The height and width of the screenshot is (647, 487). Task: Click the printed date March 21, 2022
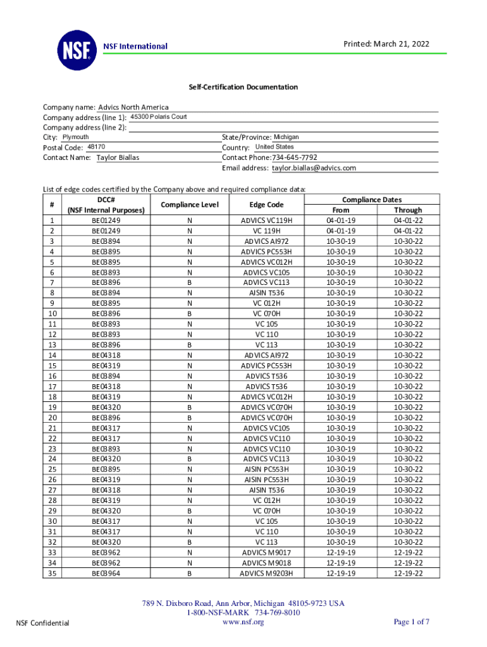pyautogui.click(x=386, y=44)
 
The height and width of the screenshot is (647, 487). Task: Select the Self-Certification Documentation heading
pyautogui.click(x=243, y=87)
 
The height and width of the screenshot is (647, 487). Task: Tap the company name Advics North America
pyautogui.click(x=133, y=107)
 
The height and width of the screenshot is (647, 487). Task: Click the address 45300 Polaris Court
pyautogui.click(x=158, y=117)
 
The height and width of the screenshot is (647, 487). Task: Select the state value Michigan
pyautogui.click(x=286, y=137)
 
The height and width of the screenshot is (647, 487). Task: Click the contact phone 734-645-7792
pyautogui.click(x=295, y=157)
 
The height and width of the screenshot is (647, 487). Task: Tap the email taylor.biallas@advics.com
pyautogui.click(x=314, y=168)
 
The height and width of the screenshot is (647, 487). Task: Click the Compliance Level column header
pyautogui.click(x=190, y=205)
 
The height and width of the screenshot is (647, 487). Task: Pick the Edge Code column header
pyautogui.click(x=266, y=205)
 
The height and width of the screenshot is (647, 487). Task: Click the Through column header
pyautogui.click(x=408, y=210)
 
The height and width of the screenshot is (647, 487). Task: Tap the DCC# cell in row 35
pyautogui.click(x=106, y=574)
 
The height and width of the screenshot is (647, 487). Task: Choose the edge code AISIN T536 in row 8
pyautogui.click(x=266, y=293)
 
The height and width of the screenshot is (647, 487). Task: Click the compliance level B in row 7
pyautogui.click(x=190, y=282)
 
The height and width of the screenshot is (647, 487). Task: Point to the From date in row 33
pyautogui.click(x=341, y=553)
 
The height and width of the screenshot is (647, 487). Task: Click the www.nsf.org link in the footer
pyautogui.click(x=244, y=622)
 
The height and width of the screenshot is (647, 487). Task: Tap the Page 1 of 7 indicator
pyautogui.click(x=412, y=622)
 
